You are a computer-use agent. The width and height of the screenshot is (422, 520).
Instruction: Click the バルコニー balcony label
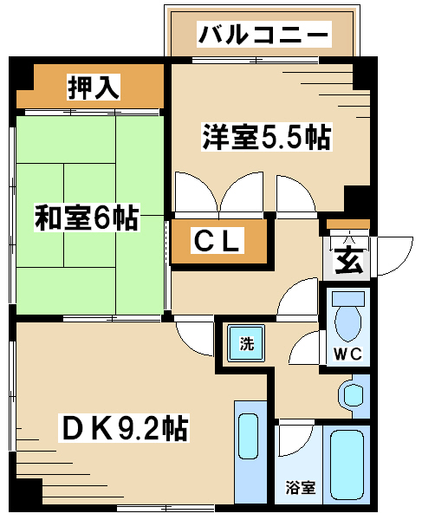pyautogui.click(x=264, y=34)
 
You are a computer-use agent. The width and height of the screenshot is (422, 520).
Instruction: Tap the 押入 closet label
pyautogui.click(x=94, y=88)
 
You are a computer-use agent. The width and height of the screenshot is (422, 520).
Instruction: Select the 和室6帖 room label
pyautogui.click(x=87, y=218)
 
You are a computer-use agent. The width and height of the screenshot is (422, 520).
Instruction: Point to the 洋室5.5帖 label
pyautogui.click(x=267, y=137)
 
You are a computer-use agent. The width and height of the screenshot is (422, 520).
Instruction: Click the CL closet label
pyautogui.click(x=217, y=240)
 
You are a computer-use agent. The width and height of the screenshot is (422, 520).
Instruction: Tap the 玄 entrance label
pyautogui.click(x=349, y=260)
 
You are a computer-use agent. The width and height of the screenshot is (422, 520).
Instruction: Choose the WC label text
pyautogui.click(x=347, y=354)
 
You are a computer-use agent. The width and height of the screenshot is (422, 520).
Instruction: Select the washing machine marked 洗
pyautogui.click(x=246, y=343)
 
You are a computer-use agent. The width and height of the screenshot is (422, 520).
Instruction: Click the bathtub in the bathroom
pyautogui.click(x=347, y=465)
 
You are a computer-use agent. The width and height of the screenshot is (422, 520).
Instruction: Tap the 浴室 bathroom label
pyautogui.click(x=301, y=487)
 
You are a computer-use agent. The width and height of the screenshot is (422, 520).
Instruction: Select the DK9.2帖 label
pyautogui.click(x=124, y=428)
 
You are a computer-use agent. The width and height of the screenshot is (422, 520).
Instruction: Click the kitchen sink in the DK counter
pyautogui.click(x=249, y=436)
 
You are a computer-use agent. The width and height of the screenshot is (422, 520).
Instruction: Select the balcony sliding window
pyautogui.click(x=256, y=61)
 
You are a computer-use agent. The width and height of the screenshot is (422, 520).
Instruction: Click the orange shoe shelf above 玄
pyautogui.click(x=348, y=224)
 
